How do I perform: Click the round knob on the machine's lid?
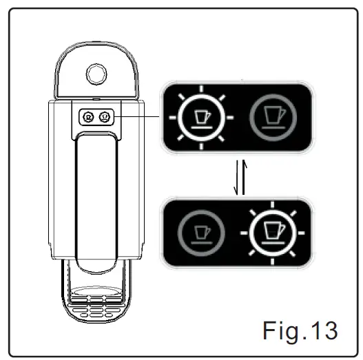click(96, 74)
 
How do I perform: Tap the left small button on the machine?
click(88, 117)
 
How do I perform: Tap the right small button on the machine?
click(105, 117)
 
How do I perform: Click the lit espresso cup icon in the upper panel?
click(201, 118)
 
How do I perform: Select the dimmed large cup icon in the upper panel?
click(273, 118)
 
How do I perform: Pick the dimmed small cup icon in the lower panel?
click(201, 233)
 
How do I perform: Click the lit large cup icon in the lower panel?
click(273, 233)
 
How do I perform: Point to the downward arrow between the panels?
click(236, 178)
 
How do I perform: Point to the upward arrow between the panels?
click(244, 177)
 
